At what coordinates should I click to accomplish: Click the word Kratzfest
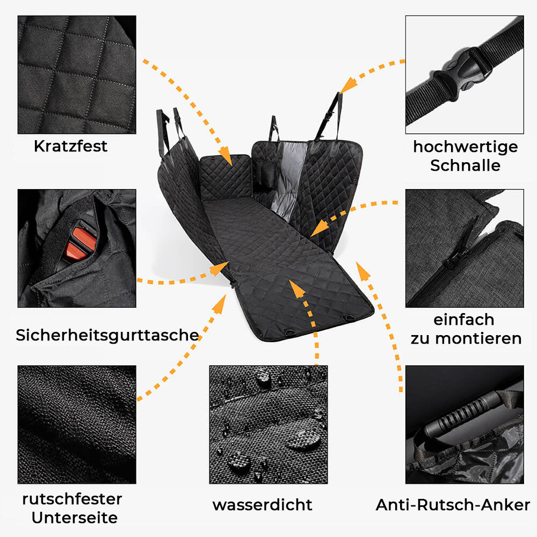(x=70, y=146)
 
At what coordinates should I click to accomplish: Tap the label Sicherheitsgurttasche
(x=107, y=335)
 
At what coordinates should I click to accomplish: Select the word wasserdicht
(x=262, y=505)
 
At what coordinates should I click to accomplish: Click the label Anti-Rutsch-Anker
(x=453, y=505)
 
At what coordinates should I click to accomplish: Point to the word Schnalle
(x=465, y=165)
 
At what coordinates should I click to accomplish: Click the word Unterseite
(x=75, y=518)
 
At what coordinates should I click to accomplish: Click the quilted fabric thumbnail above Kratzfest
(x=77, y=74)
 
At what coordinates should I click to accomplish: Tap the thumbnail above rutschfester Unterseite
(x=77, y=424)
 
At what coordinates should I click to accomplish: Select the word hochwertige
(x=465, y=147)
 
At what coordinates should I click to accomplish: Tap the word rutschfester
(x=72, y=499)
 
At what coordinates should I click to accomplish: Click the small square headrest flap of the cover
(x=226, y=177)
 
